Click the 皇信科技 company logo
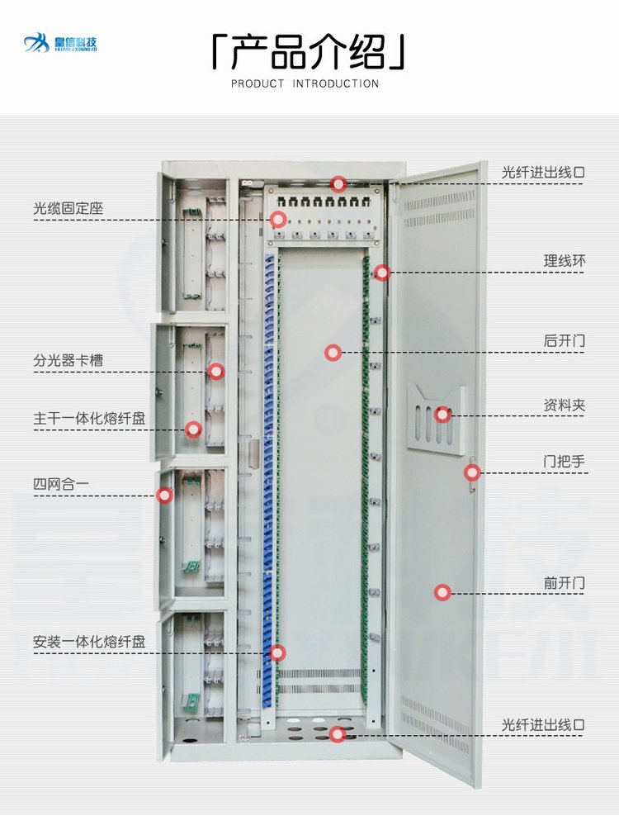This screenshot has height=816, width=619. tap(60, 43)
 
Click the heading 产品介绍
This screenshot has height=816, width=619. tap(308, 52)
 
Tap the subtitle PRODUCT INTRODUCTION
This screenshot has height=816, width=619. tap(305, 83)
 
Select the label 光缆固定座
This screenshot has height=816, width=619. tap(69, 208)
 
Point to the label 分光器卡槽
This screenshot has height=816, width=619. tap(69, 360)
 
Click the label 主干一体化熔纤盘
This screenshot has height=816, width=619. tap(89, 419)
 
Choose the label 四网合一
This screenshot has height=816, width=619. tap(61, 484)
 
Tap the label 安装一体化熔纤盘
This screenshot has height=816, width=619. tap(89, 642)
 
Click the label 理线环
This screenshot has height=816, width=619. tap(565, 260)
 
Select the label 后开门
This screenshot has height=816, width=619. tap(565, 341)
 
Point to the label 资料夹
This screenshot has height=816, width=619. tap(565, 405)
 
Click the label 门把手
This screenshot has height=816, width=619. tap(565, 461)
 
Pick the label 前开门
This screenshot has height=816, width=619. tap(565, 583)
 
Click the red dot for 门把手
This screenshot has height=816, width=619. tap(472, 472)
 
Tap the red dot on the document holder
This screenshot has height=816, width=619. tap(442, 415)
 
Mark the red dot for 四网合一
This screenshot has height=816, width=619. tap(164, 495)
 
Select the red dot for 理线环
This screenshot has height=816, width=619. tap(382, 273)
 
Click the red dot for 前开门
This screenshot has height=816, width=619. tap(442, 592)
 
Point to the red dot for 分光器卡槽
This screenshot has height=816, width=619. tap(216, 372)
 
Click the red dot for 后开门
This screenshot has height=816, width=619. tap(333, 353)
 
